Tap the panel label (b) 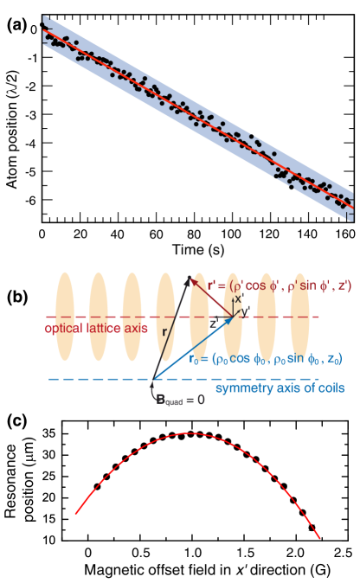tap(17, 298)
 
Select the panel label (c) tap(17, 420)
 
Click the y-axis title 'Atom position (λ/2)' tap(12, 130)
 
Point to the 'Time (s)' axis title tap(198, 249)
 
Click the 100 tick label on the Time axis tap(231, 234)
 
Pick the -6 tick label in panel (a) tap(31, 200)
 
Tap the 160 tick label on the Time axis tap(345, 234)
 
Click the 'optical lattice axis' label tap(96, 329)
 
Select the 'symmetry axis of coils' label tap(280, 388)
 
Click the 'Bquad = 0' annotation tap(181, 400)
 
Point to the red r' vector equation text tap(280, 286)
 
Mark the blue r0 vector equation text tap(266, 360)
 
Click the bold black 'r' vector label tap(164, 331)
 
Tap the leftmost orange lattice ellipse tap(65, 317)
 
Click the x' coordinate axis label tap(239, 298)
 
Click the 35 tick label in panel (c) tap(48, 434)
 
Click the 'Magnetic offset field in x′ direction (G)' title tap(207, 570)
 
